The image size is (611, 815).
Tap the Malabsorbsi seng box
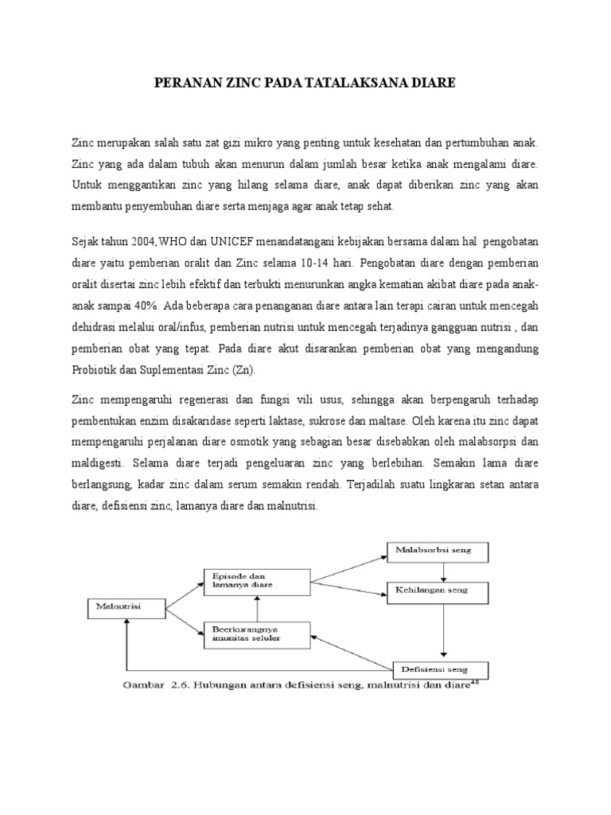click(439, 551)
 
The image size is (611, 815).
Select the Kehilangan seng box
click(439, 591)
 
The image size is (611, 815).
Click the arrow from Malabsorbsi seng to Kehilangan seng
click(442, 571)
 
